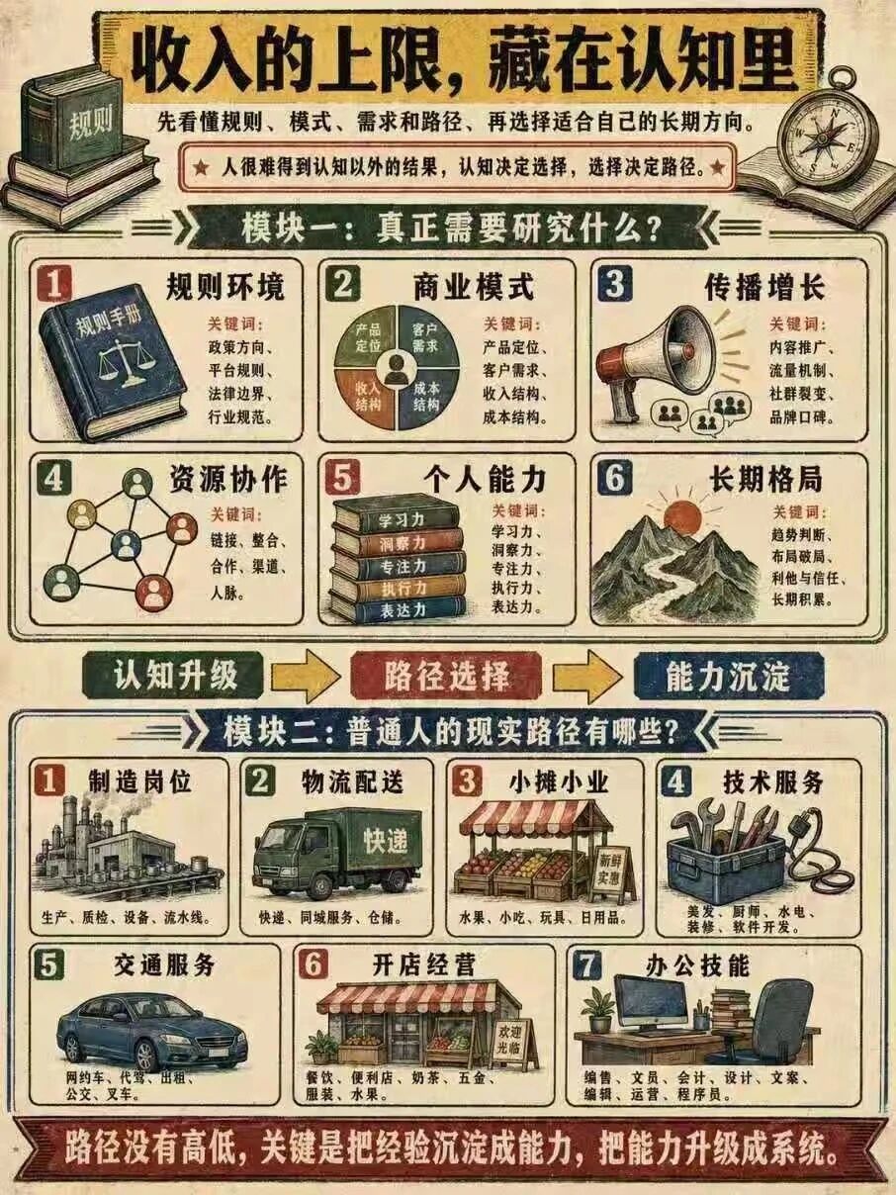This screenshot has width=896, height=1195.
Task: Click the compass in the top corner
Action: (x=827, y=133)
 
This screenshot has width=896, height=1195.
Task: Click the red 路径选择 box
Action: (x=447, y=677)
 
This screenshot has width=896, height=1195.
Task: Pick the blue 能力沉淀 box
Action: (x=729, y=677)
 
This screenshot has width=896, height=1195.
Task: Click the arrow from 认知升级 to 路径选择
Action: (x=308, y=677)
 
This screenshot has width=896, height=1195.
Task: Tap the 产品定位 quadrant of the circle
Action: (x=367, y=336)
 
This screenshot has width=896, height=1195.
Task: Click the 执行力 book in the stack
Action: (x=398, y=589)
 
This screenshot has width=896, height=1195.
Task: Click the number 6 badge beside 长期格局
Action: (x=615, y=479)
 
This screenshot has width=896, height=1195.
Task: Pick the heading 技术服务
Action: (x=773, y=783)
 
